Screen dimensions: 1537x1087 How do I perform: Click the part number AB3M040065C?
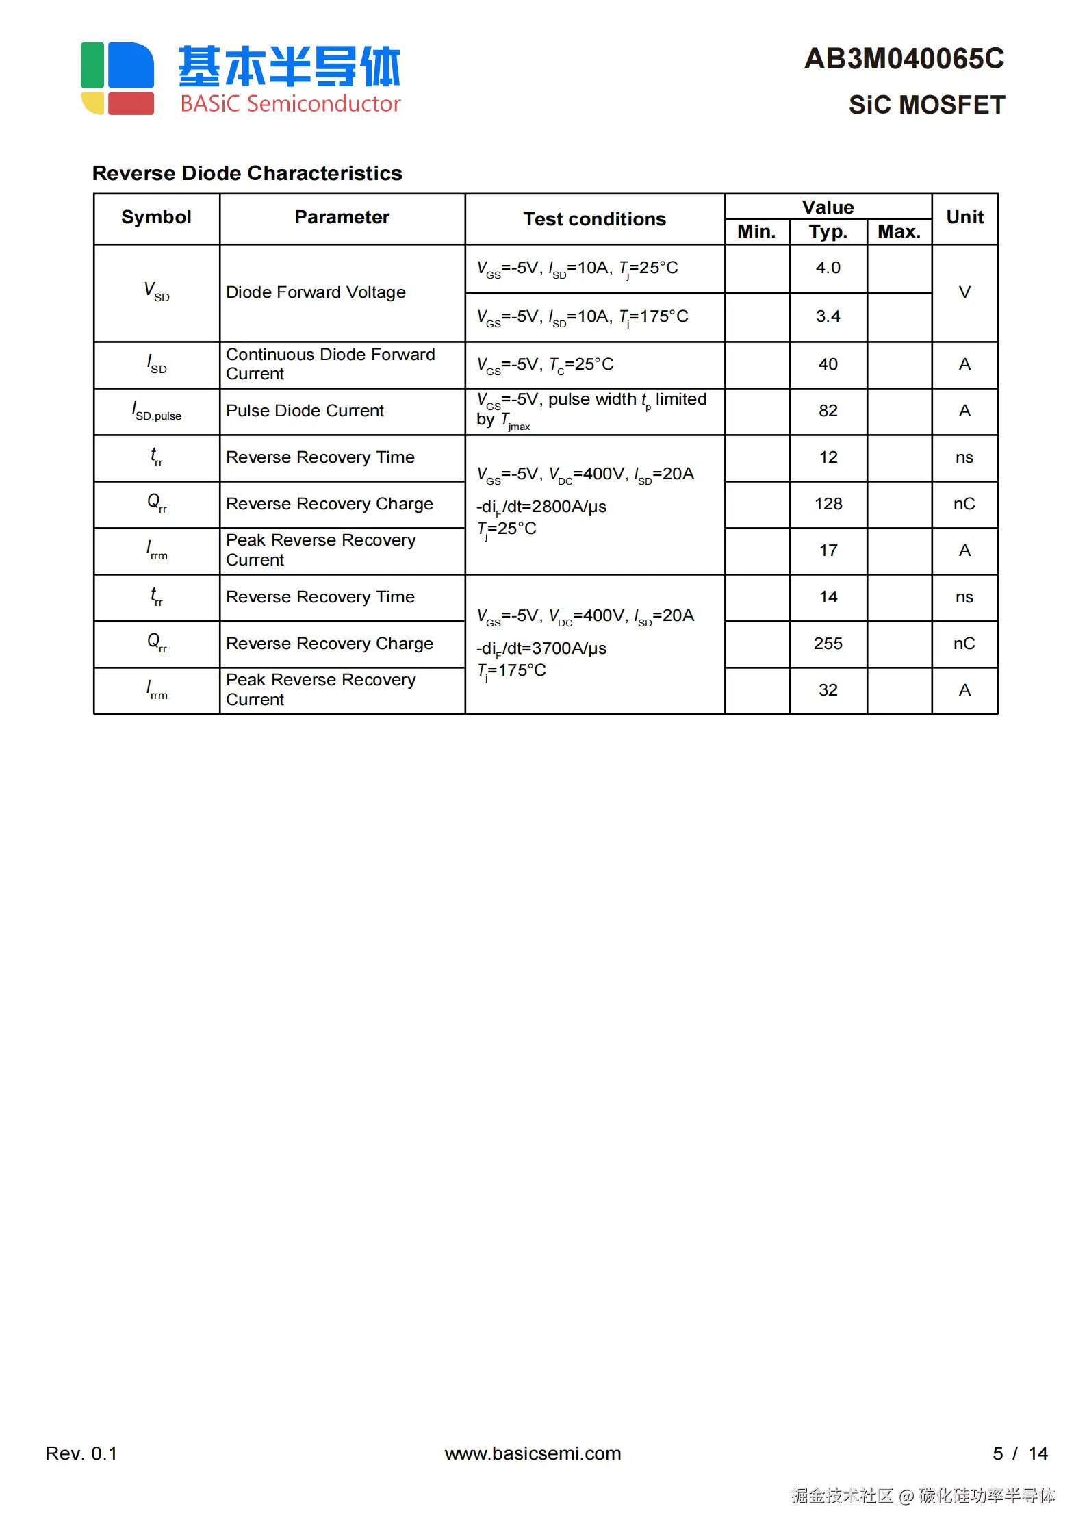904,59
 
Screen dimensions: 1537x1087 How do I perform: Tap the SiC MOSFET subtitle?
926,105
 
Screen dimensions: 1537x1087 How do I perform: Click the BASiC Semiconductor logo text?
290,103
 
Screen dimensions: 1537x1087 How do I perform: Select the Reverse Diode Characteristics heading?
247,173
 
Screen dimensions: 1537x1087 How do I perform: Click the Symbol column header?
156,217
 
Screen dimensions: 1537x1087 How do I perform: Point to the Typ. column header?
828,231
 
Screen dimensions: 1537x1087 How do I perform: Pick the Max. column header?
899,231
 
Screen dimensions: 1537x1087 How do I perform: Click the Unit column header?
964,217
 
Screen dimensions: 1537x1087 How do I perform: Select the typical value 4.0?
828,268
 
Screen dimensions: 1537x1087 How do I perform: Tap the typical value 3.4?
828,316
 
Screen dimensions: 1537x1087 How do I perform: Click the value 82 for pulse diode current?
828,411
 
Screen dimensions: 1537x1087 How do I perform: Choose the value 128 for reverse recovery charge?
828,504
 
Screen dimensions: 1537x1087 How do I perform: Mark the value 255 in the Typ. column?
828,644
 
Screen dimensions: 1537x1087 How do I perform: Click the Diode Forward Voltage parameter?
316,292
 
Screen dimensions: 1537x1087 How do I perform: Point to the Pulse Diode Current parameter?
305,411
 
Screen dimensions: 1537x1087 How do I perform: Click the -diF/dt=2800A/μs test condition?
541,507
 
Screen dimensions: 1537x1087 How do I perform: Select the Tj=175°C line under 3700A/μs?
511,670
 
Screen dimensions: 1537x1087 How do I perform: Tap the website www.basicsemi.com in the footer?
533,1453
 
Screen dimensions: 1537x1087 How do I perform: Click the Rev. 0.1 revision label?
81,1453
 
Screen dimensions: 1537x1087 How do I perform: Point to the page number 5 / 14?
1019,1453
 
